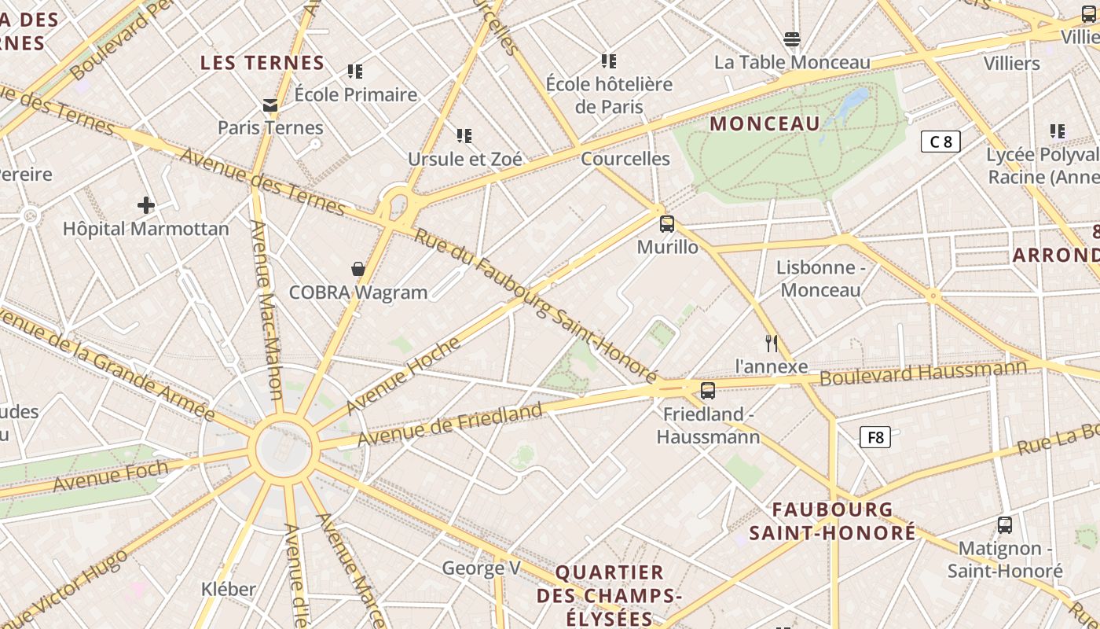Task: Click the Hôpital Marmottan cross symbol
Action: pyautogui.click(x=146, y=205)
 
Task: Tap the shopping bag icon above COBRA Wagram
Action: pyautogui.click(x=358, y=269)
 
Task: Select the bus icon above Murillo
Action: pyautogui.click(x=667, y=224)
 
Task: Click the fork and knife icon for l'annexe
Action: pyautogui.click(x=772, y=343)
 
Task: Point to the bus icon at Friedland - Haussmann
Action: pyautogui.click(x=708, y=390)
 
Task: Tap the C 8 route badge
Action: pyautogui.click(x=940, y=142)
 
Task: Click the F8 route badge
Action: pyautogui.click(x=875, y=437)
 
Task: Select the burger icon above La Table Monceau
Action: pyautogui.click(x=792, y=39)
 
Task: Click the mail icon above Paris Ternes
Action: pyautogui.click(x=270, y=105)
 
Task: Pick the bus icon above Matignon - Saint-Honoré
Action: pyautogui.click(x=1004, y=524)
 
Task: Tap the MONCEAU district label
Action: pyautogui.click(x=764, y=123)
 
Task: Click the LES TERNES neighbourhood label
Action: pyautogui.click(x=262, y=63)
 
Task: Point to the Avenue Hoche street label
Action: pyautogui.click(x=403, y=375)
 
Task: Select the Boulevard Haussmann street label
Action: pyautogui.click(x=923, y=373)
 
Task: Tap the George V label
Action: pyautogui.click(x=482, y=568)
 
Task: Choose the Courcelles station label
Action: pyautogui.click(x=625, y=159)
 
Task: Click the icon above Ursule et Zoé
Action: pyautogui.click(x=464, y=136)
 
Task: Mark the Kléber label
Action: pyautogui.click(x=229, y=589)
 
